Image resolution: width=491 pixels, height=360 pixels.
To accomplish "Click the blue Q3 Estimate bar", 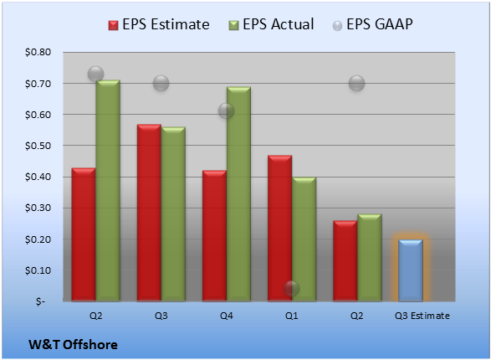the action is [x=411, y=270].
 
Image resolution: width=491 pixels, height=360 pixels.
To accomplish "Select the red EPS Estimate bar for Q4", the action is [x=214, y=235].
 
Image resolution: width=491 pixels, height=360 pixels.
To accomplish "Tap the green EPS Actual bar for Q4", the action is [x=238, y=193].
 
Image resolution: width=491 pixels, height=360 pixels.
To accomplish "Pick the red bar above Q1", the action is [x=279, y=228].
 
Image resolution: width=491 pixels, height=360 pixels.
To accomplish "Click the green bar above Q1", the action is [x=304, y=239].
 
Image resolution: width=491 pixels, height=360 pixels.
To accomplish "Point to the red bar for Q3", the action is [x=149, y=213].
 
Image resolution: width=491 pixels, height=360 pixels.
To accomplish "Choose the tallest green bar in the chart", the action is [x=108, y=191].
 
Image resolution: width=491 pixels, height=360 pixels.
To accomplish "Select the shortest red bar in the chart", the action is [x=345, y=260].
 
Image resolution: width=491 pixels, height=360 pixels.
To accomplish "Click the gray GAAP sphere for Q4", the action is [x=226, y=111].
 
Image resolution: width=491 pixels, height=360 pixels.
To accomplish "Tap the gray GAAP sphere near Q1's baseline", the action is [x=292, y=288].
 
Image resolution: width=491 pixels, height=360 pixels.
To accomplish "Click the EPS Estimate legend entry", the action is [x=159, y=24].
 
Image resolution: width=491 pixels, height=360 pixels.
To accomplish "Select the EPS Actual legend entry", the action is [x=271, y=24].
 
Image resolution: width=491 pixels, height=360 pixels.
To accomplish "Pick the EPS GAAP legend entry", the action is [x=372, y=24].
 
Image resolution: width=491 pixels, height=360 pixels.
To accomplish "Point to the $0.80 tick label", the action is [x=38, y=52].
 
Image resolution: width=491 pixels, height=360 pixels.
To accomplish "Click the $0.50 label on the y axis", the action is [x=38, y=146].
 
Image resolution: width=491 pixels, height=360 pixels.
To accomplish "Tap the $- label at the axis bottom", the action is [x=40, y=301].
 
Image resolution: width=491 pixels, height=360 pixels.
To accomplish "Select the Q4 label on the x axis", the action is [x=227, y=316].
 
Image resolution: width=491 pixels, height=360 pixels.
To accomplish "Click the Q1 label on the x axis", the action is [x=292, y=316].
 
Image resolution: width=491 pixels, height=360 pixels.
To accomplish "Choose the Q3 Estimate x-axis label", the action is [x=422, y=316].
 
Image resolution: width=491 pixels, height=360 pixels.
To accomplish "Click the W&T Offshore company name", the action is [x=73, y=345].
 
